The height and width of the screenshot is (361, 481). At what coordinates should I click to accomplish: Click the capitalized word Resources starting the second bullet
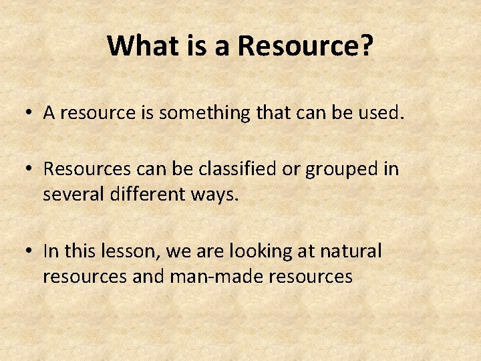(x=84, y=169)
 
